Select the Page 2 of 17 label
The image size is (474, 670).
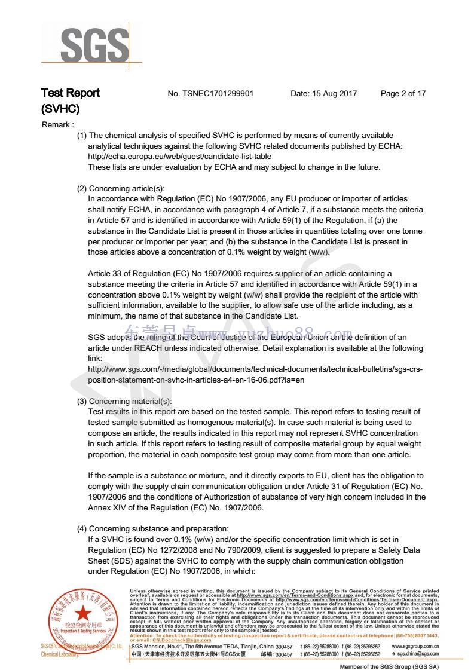pos(403,94)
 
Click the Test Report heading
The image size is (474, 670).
pos(71,93)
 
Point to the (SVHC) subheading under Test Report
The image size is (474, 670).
pos(60,109)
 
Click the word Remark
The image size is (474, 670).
pos(57,125)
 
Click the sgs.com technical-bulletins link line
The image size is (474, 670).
pos(255,369)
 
